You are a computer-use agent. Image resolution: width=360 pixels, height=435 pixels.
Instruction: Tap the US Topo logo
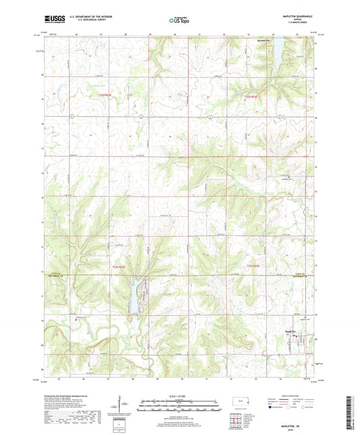pos(180,20)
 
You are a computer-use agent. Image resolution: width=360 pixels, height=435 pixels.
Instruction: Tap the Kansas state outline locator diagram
pos(240,403)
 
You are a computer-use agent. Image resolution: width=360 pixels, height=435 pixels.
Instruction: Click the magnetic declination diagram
pos(121,403)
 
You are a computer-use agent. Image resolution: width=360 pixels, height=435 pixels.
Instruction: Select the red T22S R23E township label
pos(253,96)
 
